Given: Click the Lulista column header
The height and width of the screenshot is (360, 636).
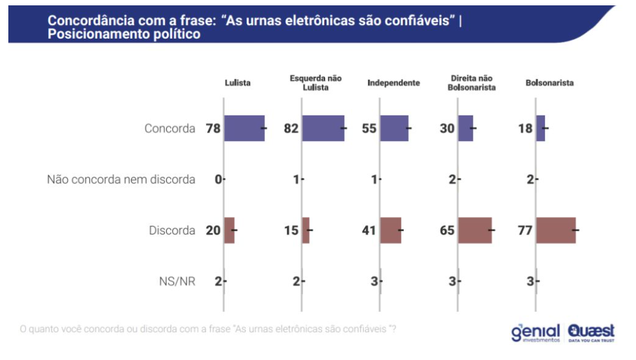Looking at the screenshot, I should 238,83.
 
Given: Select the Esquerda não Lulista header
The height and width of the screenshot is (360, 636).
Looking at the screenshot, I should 316,83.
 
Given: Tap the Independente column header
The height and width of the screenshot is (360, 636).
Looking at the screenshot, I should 394,83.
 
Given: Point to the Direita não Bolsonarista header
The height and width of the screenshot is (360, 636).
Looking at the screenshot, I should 472,83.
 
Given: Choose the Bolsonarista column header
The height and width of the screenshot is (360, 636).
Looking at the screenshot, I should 550,83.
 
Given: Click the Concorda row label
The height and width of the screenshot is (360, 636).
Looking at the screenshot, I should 170,129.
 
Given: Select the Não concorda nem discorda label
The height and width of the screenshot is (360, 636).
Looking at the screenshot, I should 121,179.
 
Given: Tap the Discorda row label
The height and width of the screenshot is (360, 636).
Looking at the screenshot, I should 172,230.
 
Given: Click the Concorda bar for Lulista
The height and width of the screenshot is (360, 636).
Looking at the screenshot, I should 244,129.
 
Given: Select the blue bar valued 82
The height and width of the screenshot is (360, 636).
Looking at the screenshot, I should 323,129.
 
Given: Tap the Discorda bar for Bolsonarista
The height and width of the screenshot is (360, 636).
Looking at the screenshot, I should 556,230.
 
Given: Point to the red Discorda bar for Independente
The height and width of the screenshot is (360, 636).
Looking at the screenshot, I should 390,230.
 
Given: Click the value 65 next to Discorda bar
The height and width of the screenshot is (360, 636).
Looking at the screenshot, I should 447,230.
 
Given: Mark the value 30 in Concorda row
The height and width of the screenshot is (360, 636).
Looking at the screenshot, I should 447,129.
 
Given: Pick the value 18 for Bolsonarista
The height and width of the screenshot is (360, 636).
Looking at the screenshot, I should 525,129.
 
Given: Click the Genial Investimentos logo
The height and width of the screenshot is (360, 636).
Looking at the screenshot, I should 535,333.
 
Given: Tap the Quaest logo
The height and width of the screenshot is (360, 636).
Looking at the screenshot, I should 591,333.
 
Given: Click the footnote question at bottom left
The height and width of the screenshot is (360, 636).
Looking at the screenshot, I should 208,328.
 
